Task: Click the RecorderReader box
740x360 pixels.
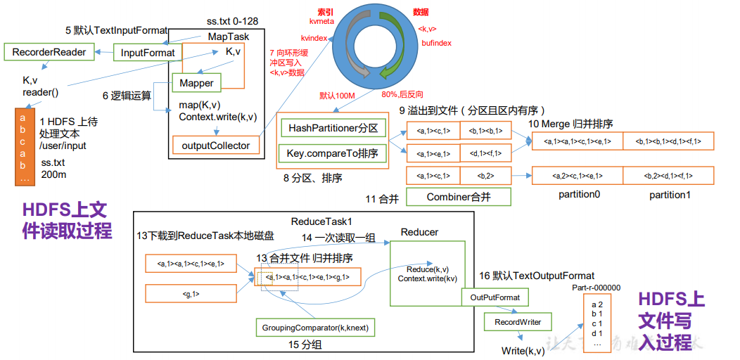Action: (x=49, y=52)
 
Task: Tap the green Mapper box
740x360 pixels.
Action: (x=196, y=83)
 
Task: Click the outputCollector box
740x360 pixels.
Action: (x=215, y=146)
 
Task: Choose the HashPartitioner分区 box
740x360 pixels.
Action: (x=333, y=128)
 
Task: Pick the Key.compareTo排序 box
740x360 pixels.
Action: (x=333, y=153)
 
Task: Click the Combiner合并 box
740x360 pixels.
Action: (x=458, y=198)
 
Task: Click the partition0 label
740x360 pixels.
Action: (x=579, y=195)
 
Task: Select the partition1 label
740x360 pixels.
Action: (x=669, y=195)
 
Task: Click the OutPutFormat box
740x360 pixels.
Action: (x=496, y=297)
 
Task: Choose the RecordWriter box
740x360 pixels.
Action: (x=518, y=322)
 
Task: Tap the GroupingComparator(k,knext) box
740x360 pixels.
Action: (x=314, y=328)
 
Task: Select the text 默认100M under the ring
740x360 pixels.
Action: (x=338, y=95)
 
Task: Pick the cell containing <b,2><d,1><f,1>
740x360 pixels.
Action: (x=668, y=176)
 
